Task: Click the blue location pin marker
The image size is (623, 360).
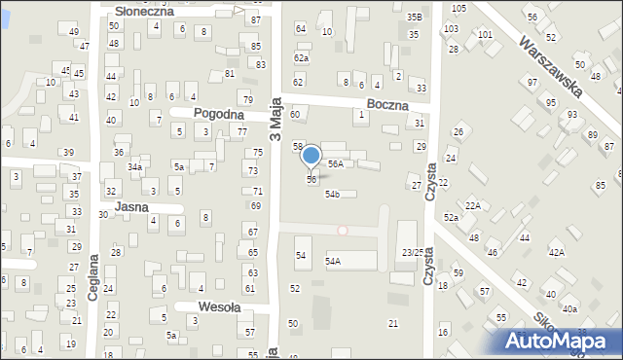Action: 311,157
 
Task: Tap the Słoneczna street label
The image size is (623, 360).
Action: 144,11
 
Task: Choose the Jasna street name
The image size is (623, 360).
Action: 130,207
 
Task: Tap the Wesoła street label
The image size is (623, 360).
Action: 219,306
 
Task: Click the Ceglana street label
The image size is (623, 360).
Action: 93,277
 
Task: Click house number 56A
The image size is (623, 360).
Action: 335,164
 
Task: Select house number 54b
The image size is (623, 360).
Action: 332,195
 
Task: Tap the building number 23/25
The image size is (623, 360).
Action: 414,253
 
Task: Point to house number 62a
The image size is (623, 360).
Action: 302,58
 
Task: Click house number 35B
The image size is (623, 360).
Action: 415,18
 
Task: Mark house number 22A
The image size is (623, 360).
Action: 472,205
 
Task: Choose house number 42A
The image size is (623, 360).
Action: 556,252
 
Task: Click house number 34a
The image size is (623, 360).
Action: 134,167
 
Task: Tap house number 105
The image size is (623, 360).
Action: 458,8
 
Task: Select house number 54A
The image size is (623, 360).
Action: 333,262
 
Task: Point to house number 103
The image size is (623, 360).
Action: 451,29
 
